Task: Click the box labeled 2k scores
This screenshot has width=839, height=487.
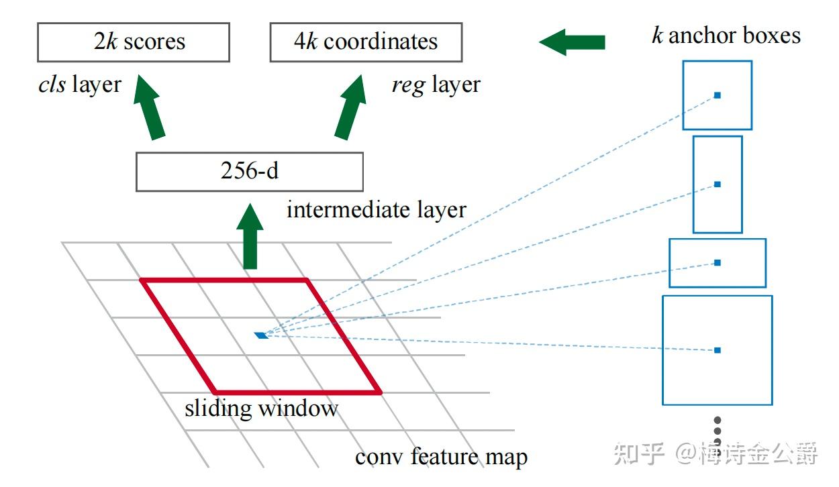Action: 133,42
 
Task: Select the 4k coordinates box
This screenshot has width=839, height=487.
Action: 366,42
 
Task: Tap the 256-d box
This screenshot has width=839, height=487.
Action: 249,172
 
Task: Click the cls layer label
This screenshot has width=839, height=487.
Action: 80,85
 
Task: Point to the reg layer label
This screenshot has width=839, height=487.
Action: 436,85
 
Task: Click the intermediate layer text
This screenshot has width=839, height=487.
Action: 376,210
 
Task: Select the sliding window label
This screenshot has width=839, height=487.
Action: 261,408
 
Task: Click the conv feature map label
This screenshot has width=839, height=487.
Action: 441,457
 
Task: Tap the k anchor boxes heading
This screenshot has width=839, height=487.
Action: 726,35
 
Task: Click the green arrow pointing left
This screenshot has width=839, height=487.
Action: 572,42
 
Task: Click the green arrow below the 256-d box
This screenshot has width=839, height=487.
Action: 250,237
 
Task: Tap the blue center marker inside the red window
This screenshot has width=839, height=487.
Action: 261,335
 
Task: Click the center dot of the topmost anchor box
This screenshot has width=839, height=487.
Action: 717,95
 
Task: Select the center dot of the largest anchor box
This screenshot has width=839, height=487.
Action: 717,350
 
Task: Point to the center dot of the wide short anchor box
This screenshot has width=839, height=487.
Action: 717,262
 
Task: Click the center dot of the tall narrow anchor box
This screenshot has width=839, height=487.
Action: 717,184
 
